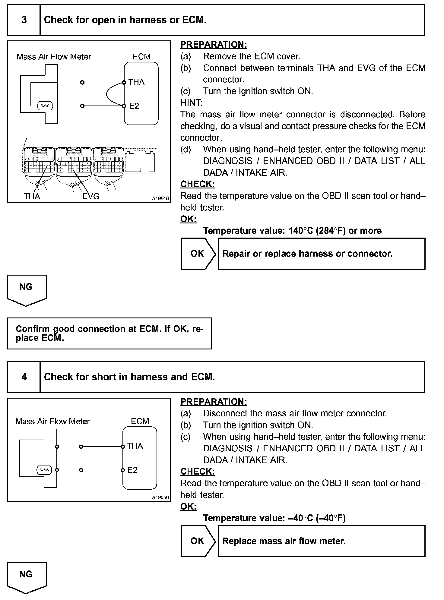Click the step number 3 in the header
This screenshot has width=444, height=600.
24,20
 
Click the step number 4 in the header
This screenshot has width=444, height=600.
24,377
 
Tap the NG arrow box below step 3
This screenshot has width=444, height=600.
27,290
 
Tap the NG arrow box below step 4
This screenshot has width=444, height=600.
27,578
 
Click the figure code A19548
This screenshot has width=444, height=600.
160,198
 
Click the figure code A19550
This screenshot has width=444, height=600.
160,497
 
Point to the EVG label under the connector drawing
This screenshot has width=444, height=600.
91,197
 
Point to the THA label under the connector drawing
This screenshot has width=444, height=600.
32,197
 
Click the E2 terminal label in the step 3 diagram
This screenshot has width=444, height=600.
134,106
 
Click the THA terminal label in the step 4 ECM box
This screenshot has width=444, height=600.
135,446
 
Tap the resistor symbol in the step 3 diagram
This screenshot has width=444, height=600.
45,106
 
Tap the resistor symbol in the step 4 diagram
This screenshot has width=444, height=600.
44,470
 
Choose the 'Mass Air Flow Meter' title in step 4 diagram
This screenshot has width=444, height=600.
52,422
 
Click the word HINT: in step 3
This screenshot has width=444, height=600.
191,103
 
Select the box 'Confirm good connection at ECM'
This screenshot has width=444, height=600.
109,333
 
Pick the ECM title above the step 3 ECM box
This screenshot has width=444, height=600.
141,57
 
